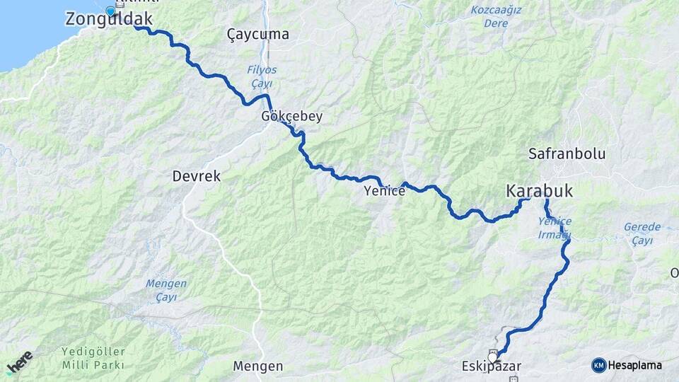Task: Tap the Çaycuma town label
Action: [x=258, y=34]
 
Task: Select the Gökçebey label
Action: [x=291, y=117]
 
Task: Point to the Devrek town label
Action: [x=196, y=176]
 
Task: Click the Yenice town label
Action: [x=384, y=191]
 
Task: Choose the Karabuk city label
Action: [x=539, y=191]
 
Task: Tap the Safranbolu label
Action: [x=567, y=154]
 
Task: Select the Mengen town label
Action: [x=258, y=366]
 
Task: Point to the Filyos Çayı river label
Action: [x=262, y=76]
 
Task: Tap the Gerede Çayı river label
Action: [x=642, y=234]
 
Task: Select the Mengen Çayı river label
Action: [x=166, y=290]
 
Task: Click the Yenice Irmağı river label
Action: [x=555, y=228]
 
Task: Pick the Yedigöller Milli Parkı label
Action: [x=93, y=358]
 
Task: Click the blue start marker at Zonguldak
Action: [x=110, y=11]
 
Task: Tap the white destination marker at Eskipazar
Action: [x=492, y=357]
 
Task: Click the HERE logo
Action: [x=20, y=362]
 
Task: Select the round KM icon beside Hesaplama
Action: [x=598, y=365]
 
